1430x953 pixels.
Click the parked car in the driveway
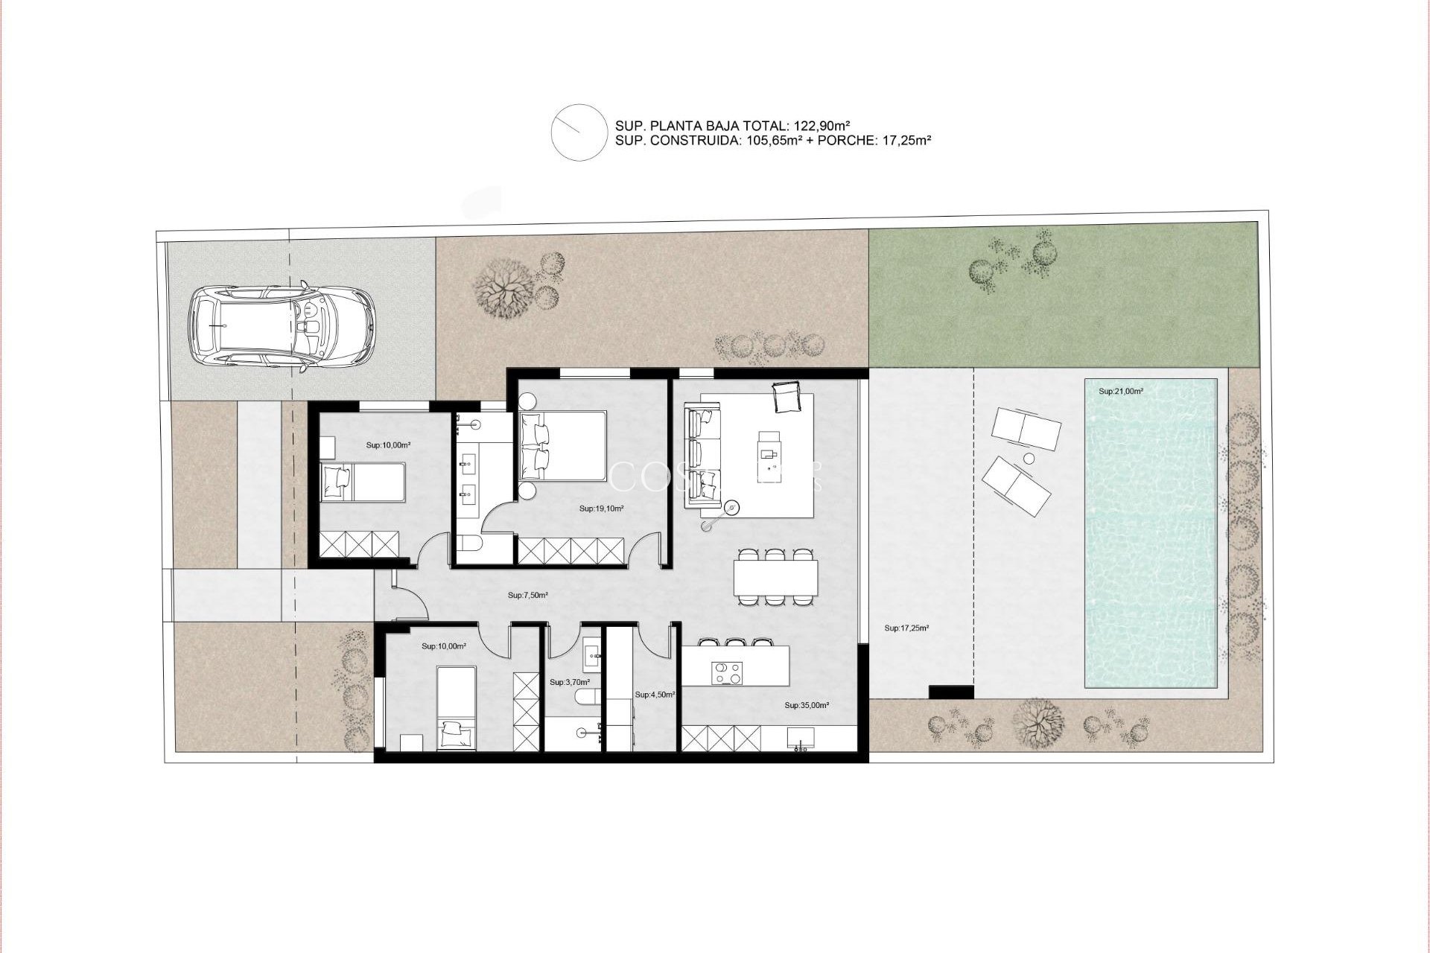pos(282,325)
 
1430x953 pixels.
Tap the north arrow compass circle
pos(578,132)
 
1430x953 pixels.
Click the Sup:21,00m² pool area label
pos(1121,391)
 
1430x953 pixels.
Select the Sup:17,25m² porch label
pos(906,628)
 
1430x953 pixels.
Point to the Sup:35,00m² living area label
pos(807,704)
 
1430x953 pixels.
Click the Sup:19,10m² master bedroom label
pos(601,509)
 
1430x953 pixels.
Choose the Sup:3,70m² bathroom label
pos(569,682)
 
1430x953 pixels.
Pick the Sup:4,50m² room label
pos(655,695)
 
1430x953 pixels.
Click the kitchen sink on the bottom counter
pos(801,737)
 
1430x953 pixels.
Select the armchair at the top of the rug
pos(786,396)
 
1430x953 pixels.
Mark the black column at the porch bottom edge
pos(951,692)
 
